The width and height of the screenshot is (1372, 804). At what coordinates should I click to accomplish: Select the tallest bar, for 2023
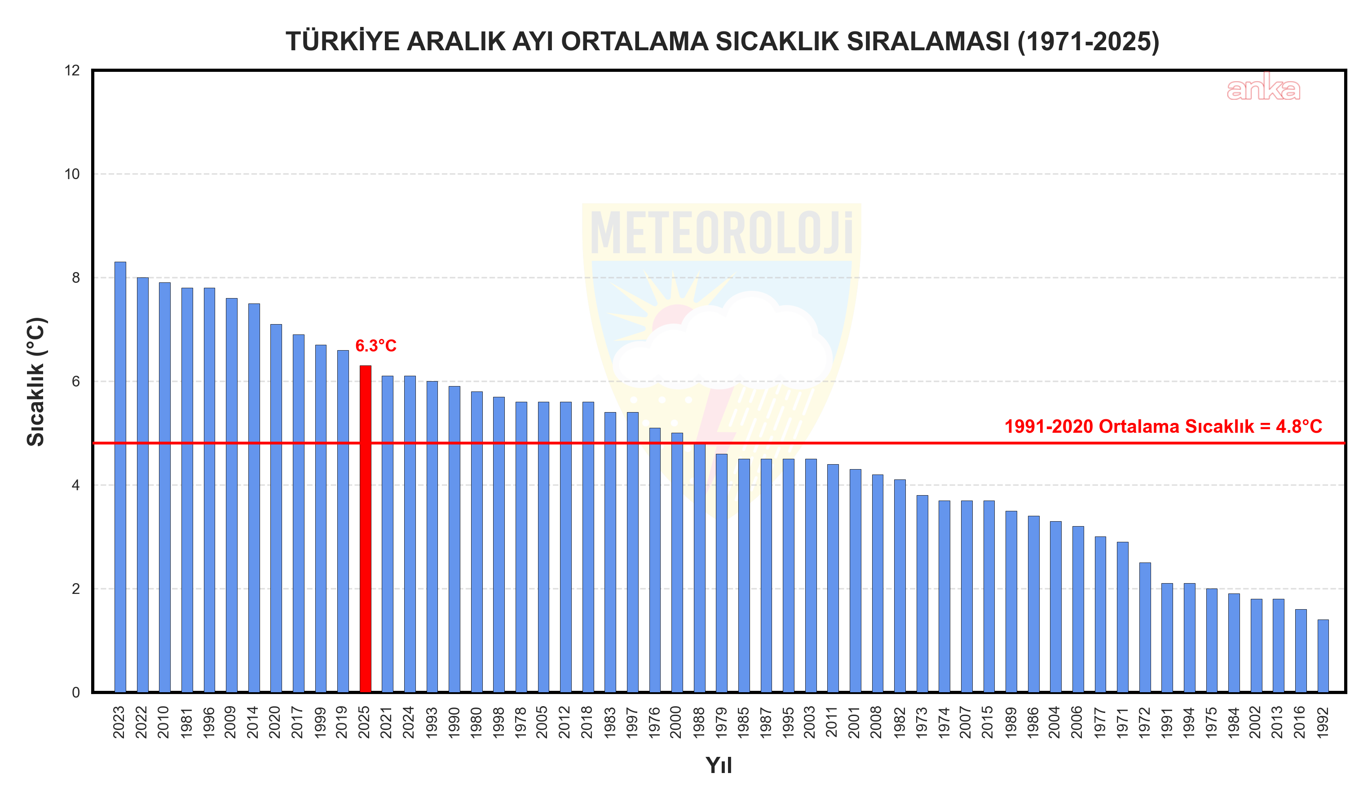click(x=120, y=477)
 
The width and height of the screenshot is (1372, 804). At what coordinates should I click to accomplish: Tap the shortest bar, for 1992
click(x=1323, y=656)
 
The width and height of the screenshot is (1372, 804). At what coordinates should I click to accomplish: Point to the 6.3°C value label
click(x=375, y=346)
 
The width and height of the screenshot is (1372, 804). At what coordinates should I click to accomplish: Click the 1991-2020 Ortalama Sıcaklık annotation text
click(x=1163, y=426)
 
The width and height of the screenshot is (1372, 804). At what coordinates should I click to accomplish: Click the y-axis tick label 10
click(x=72, y=174)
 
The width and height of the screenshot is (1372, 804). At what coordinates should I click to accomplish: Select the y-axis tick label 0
click(x=76, y=692)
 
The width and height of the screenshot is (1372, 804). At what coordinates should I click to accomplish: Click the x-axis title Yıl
click(x=719, y=765)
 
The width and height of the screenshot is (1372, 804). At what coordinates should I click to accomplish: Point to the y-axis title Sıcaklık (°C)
click(x=36, y=382)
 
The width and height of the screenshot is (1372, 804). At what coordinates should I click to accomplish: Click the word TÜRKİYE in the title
click(x=343, y=42)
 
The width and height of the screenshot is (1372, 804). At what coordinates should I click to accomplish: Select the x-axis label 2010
click(x=164, y=722)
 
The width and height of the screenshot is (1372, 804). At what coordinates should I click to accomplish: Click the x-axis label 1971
click(x=1123, y=722)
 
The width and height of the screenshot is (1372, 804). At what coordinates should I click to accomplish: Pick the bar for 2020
click(x=276, y=509)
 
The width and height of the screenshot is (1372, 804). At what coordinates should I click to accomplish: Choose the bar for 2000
click(x=677, y=563)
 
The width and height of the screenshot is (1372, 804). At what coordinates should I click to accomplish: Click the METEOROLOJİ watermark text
click(x=721, y=234)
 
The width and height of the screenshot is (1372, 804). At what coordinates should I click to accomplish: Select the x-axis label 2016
click(x=1300, y=722)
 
